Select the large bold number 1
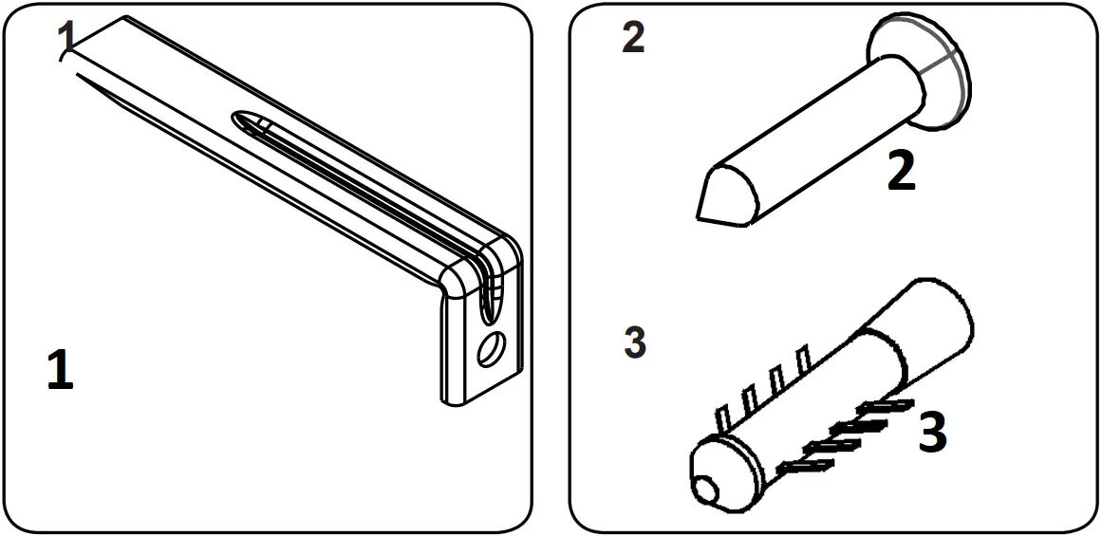tap(59, 370)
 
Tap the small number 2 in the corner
tap(632, 38)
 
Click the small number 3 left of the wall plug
tap(635, 342)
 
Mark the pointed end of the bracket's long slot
tap(240, 120)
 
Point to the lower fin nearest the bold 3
tap(882, 407)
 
